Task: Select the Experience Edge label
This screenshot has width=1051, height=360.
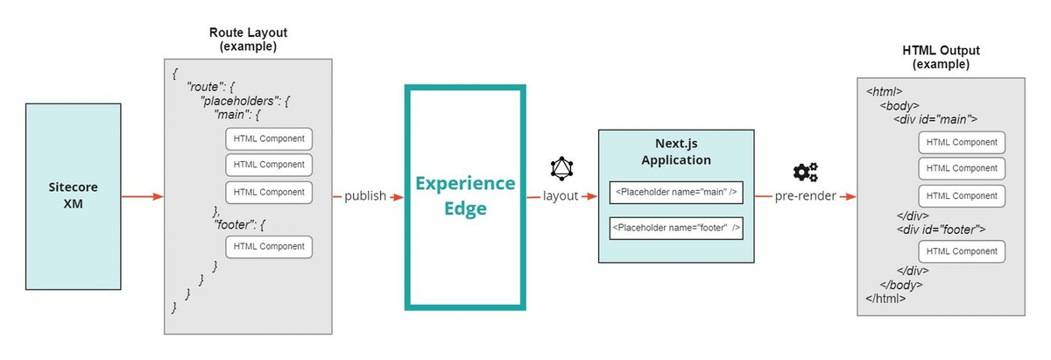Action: pos(465,196)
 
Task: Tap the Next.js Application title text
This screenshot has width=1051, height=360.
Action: pos(675,152)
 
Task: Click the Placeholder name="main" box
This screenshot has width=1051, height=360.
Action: pos(675,193)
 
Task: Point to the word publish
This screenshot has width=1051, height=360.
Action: pos(365,196)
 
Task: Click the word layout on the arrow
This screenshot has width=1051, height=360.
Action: pos(561,196)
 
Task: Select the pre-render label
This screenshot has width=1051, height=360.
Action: pos(806,196)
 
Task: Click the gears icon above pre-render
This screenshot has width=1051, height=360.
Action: pos(805,172)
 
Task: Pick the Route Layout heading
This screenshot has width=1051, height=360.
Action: pos(248,39)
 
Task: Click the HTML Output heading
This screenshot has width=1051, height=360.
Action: pos(941,58)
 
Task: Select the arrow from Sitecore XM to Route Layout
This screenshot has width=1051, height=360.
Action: pos(142,196)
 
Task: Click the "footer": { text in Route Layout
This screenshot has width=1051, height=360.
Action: pos(239,225)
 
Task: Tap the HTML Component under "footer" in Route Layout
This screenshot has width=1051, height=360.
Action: pos(269,247)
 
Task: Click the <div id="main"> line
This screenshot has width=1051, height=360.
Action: pos(935,120)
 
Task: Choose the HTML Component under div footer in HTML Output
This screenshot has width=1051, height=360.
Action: pos(962,251)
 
